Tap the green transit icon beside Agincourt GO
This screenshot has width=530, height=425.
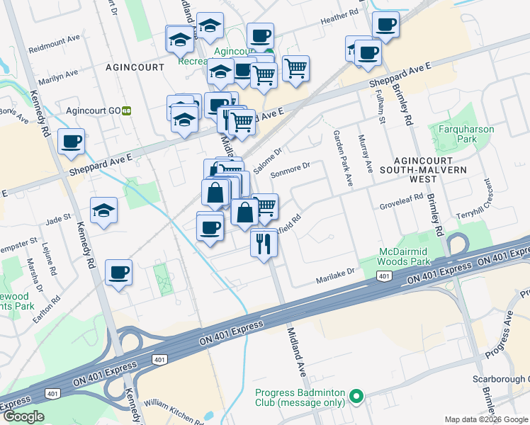(127, 110)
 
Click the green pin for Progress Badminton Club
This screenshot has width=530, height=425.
(358, 396)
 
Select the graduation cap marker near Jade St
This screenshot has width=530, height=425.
(104, 210)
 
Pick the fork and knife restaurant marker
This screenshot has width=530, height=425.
(264, 244)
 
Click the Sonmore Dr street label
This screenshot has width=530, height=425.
(291, 168)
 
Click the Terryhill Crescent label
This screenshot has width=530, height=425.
(484, 202)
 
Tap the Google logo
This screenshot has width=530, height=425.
(23, 416)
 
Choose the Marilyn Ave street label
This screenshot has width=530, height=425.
(59, 74)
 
